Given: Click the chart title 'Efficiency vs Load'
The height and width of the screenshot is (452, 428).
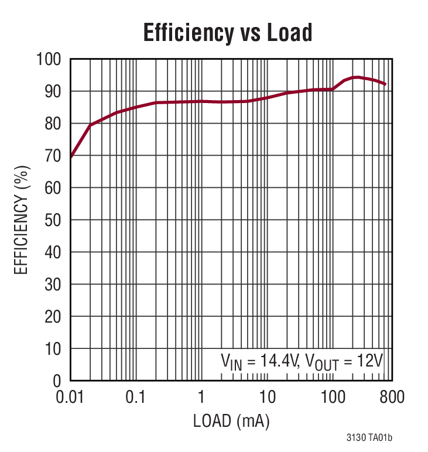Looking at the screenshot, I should point(228,33).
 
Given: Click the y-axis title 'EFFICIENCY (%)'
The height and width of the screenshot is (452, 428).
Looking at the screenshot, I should point(22,220).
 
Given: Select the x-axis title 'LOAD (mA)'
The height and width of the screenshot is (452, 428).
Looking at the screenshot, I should point(231,420).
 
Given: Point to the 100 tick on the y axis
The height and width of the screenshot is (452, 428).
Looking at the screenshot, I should point(49,59).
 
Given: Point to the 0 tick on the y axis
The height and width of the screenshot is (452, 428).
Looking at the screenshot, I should point(57,381).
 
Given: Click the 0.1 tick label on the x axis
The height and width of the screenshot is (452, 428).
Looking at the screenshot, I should point(135,398).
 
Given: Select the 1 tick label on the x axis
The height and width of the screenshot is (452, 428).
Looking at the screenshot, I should point(201,398).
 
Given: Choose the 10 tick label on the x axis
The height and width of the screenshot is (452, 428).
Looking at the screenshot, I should point(267,398).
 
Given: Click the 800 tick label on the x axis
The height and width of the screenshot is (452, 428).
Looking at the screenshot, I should point(391,398).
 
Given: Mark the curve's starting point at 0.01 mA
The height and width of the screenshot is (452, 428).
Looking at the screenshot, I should point(71,157).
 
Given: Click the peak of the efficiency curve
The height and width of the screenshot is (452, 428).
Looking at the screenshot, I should point(355,77).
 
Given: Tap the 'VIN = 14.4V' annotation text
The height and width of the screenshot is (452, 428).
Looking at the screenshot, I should point(260,360).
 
